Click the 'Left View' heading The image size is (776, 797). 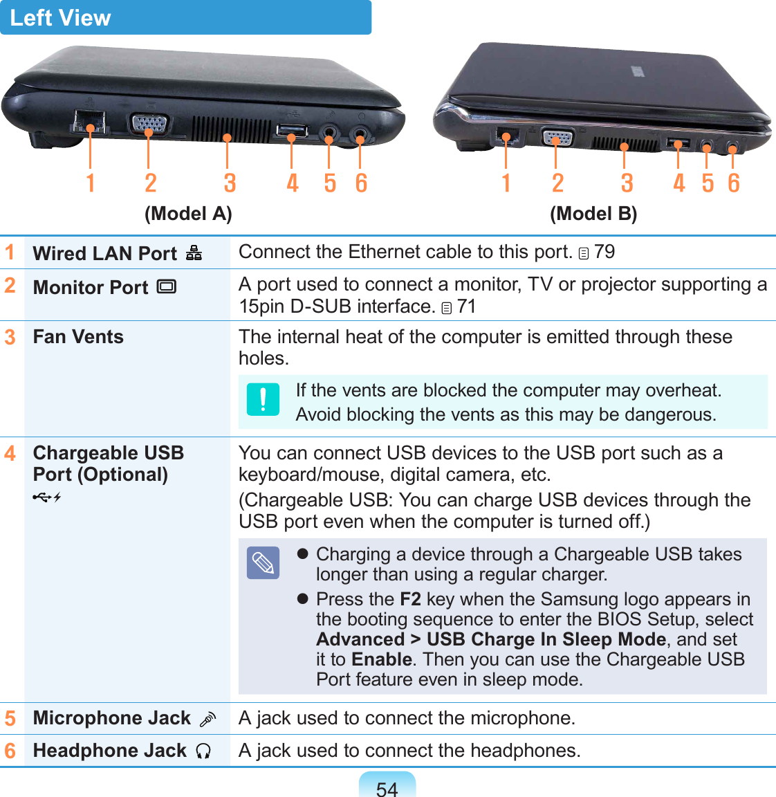coord(61,18)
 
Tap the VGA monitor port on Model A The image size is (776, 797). coord(148,125)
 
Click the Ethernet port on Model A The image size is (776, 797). coord(89,120)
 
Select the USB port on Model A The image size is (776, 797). coord(292,129)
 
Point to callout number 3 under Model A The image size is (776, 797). coord(230,183)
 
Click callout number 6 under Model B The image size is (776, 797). coord(734,183)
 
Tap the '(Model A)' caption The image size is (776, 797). coord(188,214)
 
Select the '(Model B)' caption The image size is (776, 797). coord(593,214)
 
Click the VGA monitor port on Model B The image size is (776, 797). coord(556,137)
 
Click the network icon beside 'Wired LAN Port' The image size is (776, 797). coord(194,253)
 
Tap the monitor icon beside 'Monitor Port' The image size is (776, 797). coord(167,286)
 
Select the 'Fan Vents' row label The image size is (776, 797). coord(78,337)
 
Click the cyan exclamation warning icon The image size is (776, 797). coord(263,399)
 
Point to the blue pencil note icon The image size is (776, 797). coord(263,562)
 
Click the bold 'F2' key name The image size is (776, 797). coord(410,599)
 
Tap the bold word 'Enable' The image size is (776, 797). coord(382,659)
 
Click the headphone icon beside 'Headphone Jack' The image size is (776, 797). coord(203,751)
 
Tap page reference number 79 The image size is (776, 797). coord(604,252)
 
